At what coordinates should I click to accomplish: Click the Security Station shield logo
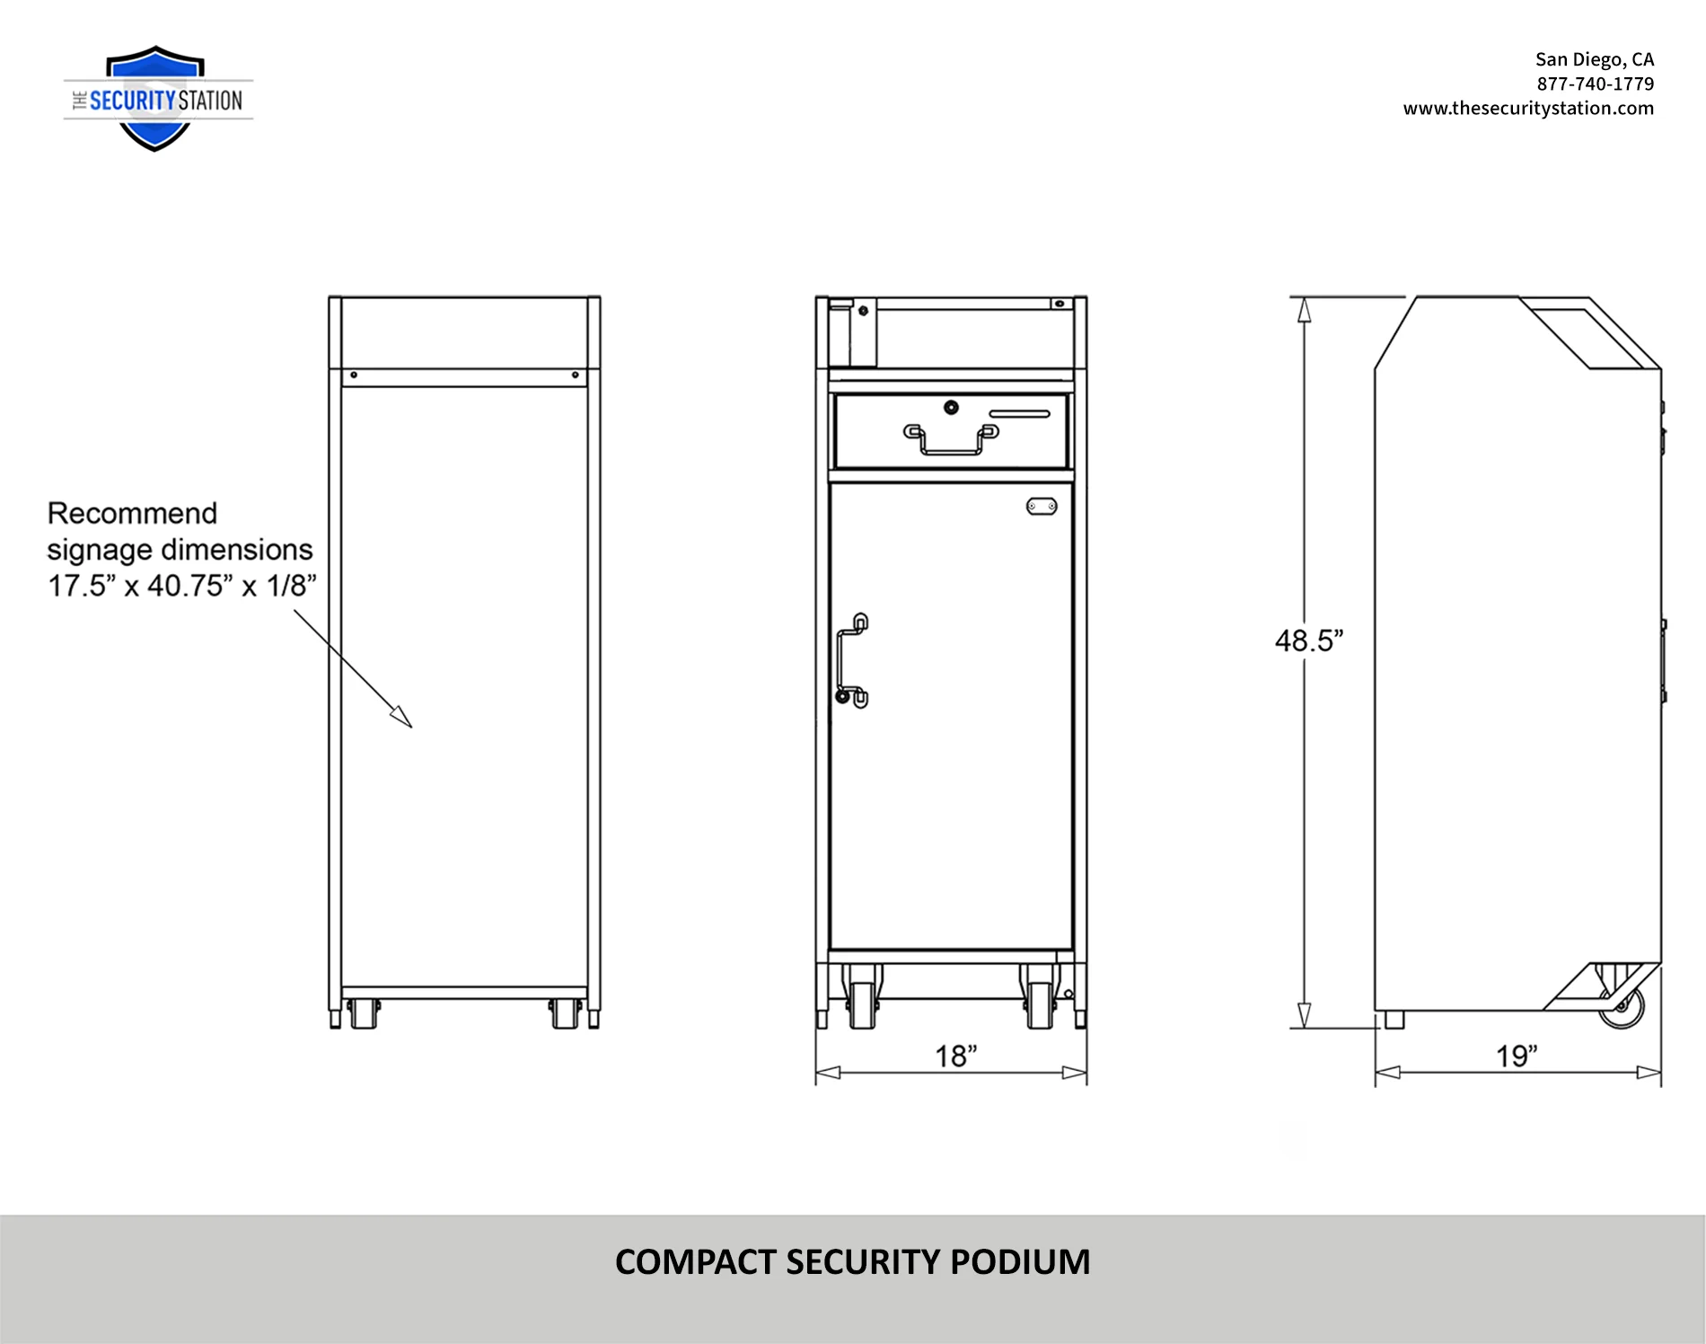(155, 99)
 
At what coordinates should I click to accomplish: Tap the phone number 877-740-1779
(1595, 84)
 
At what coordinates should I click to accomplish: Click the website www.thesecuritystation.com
(1528, 108)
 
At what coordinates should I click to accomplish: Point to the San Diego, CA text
(1594, 59)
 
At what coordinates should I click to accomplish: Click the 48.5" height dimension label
(1309, 641)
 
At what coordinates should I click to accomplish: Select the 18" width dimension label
(956, 1056)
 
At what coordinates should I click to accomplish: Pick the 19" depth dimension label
(1517, 1056)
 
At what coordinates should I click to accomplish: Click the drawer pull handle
(951, 440)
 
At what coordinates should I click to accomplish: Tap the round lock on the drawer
(951, 408)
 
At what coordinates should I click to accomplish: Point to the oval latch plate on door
(1042, 507)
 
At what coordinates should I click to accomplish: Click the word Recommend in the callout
(132, 513)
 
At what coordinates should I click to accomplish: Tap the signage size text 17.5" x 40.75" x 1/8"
(182, 586)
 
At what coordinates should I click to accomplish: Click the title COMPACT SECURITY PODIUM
(852, 1262)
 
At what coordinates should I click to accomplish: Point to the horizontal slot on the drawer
(1019, 414)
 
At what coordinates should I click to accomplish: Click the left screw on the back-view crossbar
(354, 375)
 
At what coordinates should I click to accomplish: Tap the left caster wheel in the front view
(862, 1004)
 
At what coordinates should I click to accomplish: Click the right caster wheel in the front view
(1040, 1004)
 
